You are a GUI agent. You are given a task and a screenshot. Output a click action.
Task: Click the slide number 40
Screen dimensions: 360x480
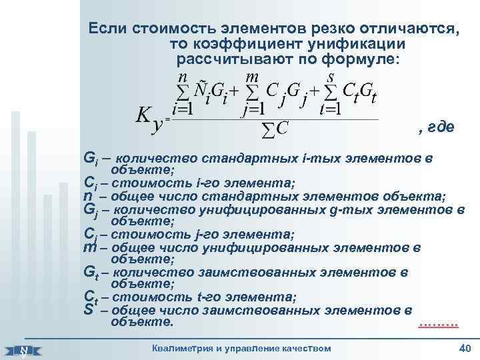465,349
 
